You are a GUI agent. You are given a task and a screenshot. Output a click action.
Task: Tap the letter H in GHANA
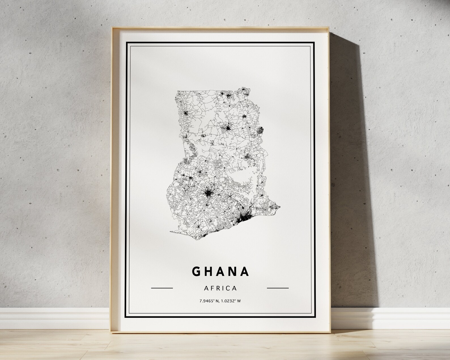click(209, 271)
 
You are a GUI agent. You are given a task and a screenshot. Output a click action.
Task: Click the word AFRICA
click(220, 288)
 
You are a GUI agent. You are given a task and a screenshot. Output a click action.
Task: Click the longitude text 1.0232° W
click(231, 301)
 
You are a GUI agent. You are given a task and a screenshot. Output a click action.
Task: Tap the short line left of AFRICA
click(162, 288)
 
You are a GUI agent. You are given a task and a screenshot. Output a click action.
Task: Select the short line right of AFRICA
click(278, 288)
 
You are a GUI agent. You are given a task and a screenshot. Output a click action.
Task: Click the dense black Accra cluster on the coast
click(244, 218)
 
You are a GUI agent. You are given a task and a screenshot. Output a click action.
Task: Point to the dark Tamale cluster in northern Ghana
click(227, 129)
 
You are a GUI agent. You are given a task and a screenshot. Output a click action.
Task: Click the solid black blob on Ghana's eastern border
click(261, 130)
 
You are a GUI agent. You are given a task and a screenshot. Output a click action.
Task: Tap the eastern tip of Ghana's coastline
click(280, 207)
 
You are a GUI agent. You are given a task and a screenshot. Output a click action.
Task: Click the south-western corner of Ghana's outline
click(170, 233)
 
